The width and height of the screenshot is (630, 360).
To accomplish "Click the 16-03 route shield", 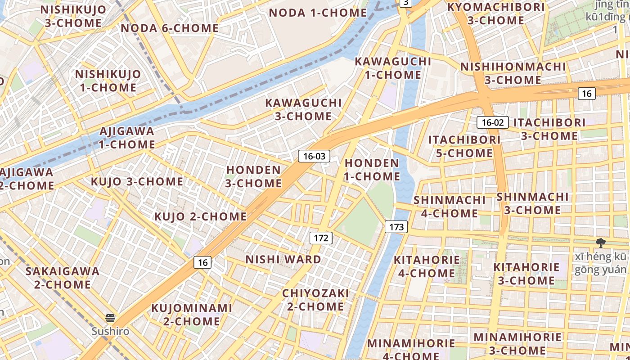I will (x=314, y=157).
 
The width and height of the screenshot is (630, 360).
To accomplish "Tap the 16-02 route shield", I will (x=493, y=122).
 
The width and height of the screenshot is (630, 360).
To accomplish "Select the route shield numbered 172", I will (x=321, y=238).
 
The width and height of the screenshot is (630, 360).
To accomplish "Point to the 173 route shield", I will (x=396, y=227).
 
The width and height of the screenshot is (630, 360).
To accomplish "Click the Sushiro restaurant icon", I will (x=110, y=319).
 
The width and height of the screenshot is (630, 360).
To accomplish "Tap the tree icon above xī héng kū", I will (x=600, y=243).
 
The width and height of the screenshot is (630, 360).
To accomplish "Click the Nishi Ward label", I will (x=283, y=260).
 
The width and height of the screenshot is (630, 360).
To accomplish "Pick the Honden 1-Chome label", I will (x=372, y=170).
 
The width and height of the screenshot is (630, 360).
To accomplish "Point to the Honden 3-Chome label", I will (x=254, y=176).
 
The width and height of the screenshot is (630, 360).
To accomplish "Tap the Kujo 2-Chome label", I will (x=200, y=216).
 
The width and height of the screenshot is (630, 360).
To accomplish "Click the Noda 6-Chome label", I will (x=170, y=28).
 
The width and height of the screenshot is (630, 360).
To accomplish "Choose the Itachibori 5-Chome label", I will (x=464, y=146).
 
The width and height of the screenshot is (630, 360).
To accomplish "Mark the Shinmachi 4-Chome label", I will (x=450, y=207).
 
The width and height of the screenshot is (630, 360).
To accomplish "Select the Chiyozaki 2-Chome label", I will (x=315, y=300).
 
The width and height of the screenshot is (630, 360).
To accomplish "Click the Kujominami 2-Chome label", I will (x=192, y=315).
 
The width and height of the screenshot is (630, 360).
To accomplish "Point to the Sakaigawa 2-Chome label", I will (x=63, y=278).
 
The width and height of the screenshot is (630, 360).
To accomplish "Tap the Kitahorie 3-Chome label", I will (x=526, y=274).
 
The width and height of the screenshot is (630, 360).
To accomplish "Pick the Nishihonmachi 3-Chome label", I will (x=513, y=73).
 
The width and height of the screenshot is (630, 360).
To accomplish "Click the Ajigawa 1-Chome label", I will (x=127, y=138).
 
